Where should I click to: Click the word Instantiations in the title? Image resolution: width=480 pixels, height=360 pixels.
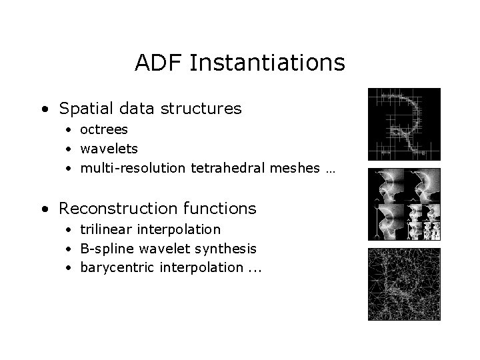(267, 63)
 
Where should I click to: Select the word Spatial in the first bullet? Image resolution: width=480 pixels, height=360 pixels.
(85, 108)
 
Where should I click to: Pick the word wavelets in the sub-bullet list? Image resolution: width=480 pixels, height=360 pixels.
(109, 148)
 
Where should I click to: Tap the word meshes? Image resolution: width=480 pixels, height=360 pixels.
(290, 168)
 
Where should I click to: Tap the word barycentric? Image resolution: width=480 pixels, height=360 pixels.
(115, 268)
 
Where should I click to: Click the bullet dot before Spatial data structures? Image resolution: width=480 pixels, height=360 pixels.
(44, 109)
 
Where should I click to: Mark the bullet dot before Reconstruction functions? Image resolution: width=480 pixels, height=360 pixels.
(44, 209)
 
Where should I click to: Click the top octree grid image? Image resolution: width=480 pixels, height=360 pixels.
(404, 124)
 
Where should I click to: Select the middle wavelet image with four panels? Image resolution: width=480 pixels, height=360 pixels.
(404, 204)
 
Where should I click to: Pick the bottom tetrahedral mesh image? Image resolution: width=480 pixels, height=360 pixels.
(404, 284)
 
